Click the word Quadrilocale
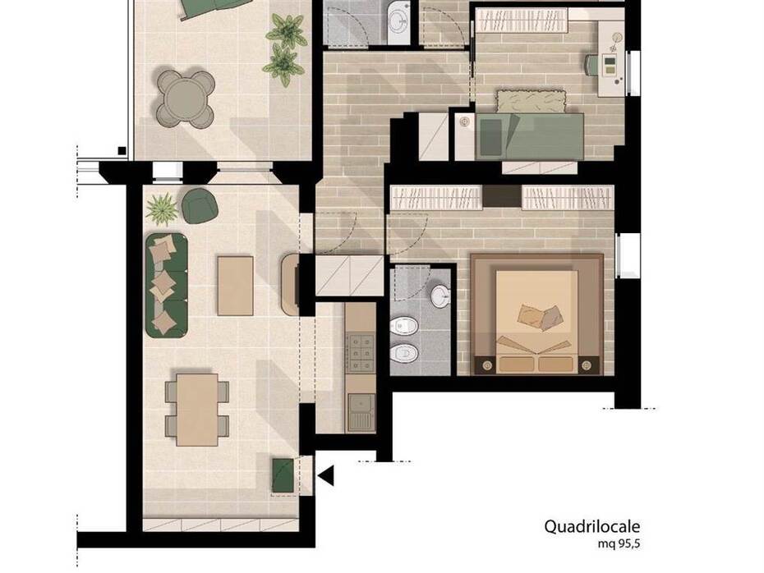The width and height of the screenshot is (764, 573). click(592, 527)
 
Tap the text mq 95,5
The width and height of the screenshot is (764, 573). click(619, 544)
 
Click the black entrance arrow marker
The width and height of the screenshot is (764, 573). click(326, 475)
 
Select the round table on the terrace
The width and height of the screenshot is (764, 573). click(186, 99)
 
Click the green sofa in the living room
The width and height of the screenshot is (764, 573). click(166, 286)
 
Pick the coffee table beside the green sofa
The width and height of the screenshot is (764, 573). click(235, 286)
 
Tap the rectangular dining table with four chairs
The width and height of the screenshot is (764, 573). click(197, 410)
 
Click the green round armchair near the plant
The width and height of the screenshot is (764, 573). click(200, 206)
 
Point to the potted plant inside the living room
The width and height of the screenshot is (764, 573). click(161, 209)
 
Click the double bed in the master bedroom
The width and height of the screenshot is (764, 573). click(536, 314)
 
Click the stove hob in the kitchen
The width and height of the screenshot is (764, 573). click(360, 352)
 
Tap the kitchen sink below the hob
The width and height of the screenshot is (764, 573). click(361, 411)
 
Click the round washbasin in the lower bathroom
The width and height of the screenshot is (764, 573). click(440, 296)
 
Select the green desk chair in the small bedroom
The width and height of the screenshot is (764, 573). click(593, 65)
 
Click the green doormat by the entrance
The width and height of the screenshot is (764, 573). click(283, 475)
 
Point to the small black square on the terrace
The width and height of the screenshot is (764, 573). click(122, 150)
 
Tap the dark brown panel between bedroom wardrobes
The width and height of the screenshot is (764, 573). click(502, 197)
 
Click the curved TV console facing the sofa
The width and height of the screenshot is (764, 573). click(289, 284)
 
